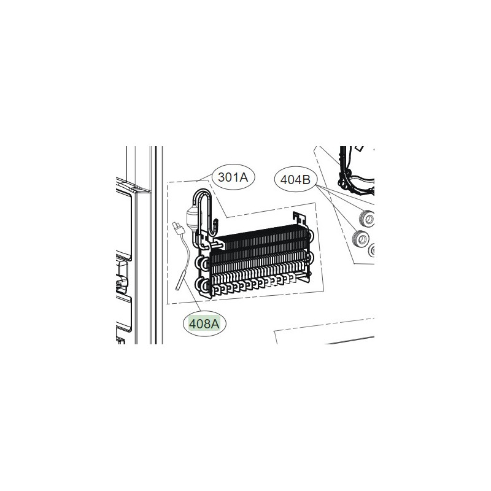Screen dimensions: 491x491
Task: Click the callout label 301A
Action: (233, 177)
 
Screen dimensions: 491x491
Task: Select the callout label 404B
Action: (295, 180)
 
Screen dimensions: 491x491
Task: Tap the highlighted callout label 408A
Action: (204, 324)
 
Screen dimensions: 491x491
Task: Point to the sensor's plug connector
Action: (178, 228)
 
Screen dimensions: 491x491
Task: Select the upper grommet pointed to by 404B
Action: (366, 218)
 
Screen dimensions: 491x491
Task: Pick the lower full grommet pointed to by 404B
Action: (360, 239)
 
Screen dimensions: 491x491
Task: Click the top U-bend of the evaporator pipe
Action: (203, 195)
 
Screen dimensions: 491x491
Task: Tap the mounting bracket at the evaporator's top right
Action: (299, 219)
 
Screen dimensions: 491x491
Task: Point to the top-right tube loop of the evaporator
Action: (310, 235)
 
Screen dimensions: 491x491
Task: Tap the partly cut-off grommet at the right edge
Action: (372, 250)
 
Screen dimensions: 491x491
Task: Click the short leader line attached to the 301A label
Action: (204, 176)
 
